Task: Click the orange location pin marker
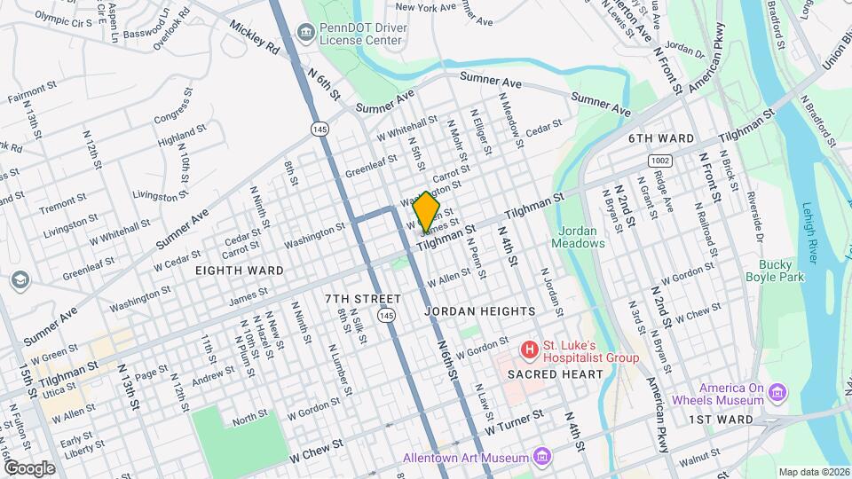pyautogui.click(x=427, y=212)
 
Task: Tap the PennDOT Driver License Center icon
pyautogui.click(x=306, y=34)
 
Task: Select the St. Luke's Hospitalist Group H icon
pyautogui.click(x=530, y=349)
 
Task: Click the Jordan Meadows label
pyautogui.click(x=577, y=237)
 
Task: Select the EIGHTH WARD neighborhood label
pyautogui.click(x=239, y=271)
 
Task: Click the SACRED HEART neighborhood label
pyautogui.click(x=555, y=374)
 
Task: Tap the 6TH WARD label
pyautogui.click(x=660, y=138)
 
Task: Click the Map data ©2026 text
pyautogui.click(x=813, y=472)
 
